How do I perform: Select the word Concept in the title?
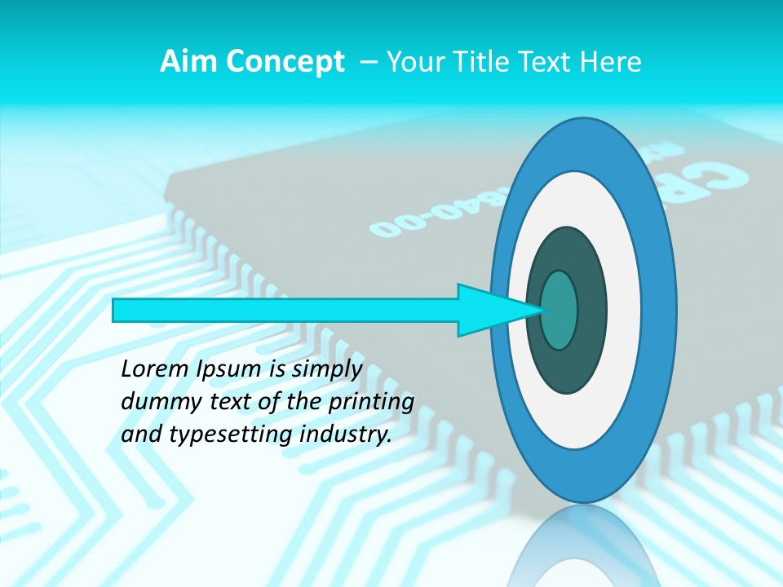[x=285, y=62]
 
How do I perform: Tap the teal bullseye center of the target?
[x=560, y=310]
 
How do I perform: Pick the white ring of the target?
[x=624, y=310]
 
